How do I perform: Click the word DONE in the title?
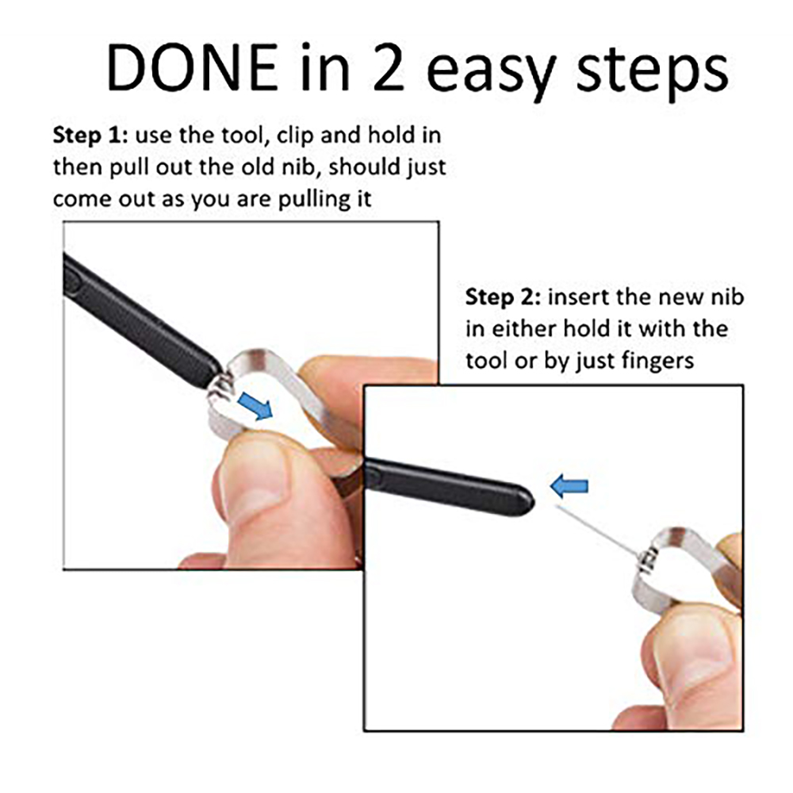coord(193,67)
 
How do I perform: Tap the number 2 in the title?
coord(389,67)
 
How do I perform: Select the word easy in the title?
coord(492,73)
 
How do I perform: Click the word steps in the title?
coord(652,73)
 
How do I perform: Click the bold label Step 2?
coord(504,298)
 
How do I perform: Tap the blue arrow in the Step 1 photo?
coord(255,405)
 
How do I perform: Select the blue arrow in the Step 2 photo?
coord(569,487)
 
